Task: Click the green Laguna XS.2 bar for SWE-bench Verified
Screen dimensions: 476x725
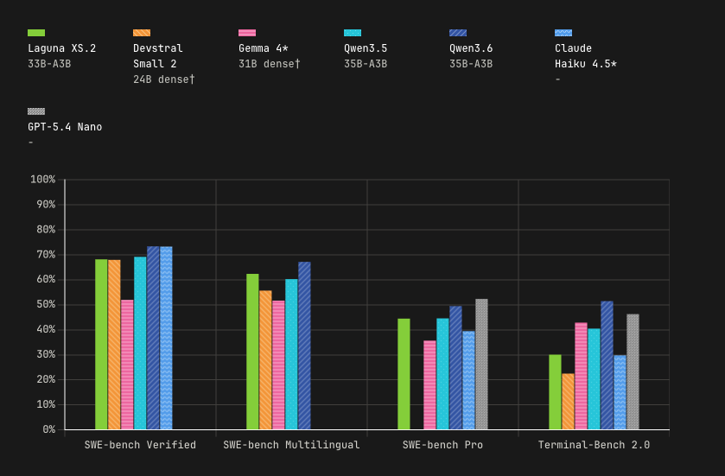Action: [101, 345]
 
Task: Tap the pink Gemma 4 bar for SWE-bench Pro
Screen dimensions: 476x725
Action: [429, 385]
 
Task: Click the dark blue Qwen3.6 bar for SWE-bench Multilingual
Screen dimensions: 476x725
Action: [304, 346]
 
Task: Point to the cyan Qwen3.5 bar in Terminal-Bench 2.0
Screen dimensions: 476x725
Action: [594, 379]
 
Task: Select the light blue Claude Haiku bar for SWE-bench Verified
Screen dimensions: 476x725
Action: [166, 339]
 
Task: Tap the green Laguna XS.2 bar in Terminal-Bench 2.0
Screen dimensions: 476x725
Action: [555, 392]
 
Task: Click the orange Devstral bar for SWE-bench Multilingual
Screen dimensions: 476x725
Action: [265, 360]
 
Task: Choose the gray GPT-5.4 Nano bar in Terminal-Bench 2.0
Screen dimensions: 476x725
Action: [633, 372]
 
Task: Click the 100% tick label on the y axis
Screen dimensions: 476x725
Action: [42, 180]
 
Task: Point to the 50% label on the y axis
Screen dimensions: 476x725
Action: [45, 305]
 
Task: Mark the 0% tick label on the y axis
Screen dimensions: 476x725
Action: [48, 429]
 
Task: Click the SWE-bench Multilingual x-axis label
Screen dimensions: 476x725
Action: [291, 445]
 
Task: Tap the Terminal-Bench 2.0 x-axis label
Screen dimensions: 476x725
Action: [594, 445]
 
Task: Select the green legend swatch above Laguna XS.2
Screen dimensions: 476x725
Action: [36, 33]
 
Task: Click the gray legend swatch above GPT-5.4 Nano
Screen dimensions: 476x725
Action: [36, 111]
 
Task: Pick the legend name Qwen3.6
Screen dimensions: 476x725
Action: [471, 48]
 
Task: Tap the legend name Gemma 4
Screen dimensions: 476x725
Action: [263, 48]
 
